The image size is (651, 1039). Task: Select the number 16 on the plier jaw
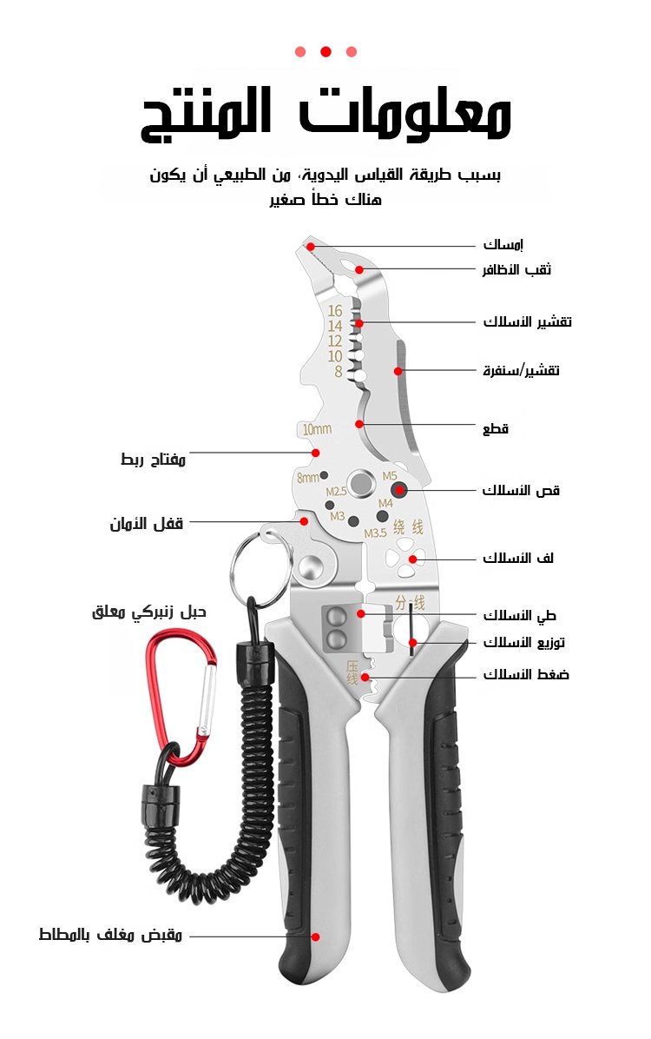click(335, 310)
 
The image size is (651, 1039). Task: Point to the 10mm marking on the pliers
click(317, 429)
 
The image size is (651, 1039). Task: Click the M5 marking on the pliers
click(389, 476)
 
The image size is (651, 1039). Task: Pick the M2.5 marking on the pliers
click(336, 492)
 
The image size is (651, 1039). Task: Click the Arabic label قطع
click(496, 428)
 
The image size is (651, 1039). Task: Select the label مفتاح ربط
click(153, 459)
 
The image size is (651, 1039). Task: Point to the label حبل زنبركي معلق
click(148, 612)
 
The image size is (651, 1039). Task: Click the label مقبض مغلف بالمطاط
click(110, 935)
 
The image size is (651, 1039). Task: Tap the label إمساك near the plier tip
click(503, 245)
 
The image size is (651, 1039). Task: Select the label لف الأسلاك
click(518, 558)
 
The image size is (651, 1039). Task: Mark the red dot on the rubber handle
click(316, 936)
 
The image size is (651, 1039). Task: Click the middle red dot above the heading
click(325, 51)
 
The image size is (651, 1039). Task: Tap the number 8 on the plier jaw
click(338, 372)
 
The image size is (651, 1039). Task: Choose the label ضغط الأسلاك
click(526, 674)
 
